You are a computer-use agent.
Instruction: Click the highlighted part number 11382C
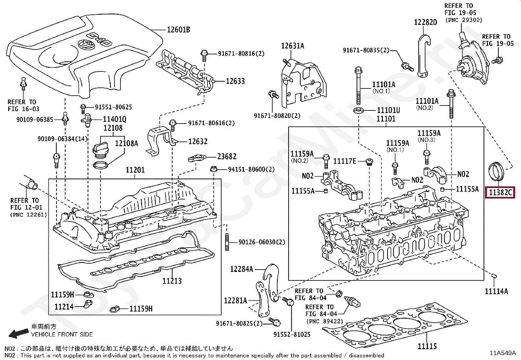500,192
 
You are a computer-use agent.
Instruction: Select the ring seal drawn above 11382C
497,171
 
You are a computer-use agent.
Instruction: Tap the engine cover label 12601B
178,30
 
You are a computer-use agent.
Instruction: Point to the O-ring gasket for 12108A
101,165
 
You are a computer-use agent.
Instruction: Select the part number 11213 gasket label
172,281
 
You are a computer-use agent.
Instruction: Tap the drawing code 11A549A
502,353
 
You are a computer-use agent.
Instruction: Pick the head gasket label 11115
427,346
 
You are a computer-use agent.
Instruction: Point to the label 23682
227,157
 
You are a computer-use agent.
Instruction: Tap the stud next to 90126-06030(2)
226,242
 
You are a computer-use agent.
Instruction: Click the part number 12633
235,81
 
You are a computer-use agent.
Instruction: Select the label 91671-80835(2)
366,50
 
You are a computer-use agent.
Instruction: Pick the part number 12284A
242,269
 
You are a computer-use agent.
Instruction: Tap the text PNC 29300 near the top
464,20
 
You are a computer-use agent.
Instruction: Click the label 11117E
345,161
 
